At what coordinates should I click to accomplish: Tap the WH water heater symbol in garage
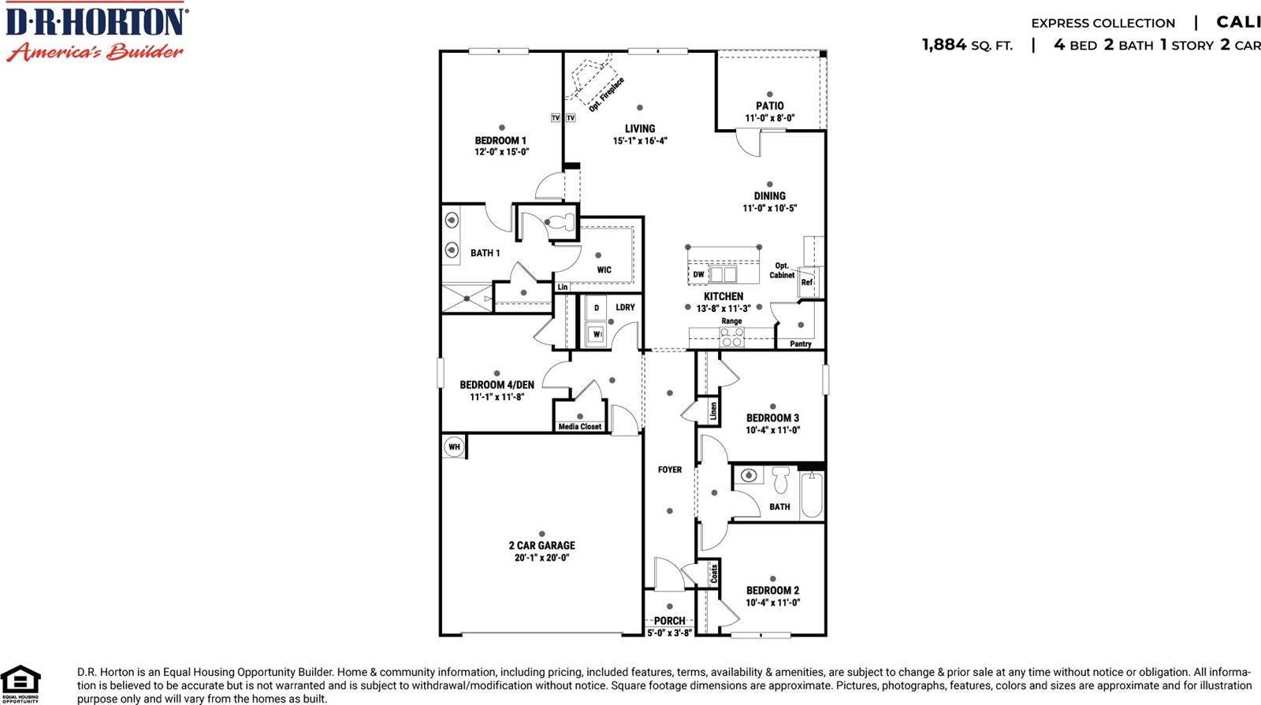tap(454, 447)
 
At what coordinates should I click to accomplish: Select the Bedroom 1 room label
tap(500, 141)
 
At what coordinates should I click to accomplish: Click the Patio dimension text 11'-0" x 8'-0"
tap(769, 118)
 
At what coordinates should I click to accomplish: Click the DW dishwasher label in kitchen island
tap(698, 275)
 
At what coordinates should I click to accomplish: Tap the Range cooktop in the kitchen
tap(731, 337)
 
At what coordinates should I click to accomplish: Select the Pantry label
tap(800, 344)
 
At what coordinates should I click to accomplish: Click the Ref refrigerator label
tap(806, 282)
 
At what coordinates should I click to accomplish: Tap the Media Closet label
tap(579, 427)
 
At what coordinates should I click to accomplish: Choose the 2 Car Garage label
tap(541, 545)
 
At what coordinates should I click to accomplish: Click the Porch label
tap(669, 621)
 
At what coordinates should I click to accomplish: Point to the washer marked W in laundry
tap(597, 334)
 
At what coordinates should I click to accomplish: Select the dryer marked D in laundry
tap(597, 308)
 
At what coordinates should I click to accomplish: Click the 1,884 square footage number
tap(944, 45)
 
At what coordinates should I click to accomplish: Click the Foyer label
tap(670, 469)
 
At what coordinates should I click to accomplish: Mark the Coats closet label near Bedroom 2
tap(714, 573)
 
